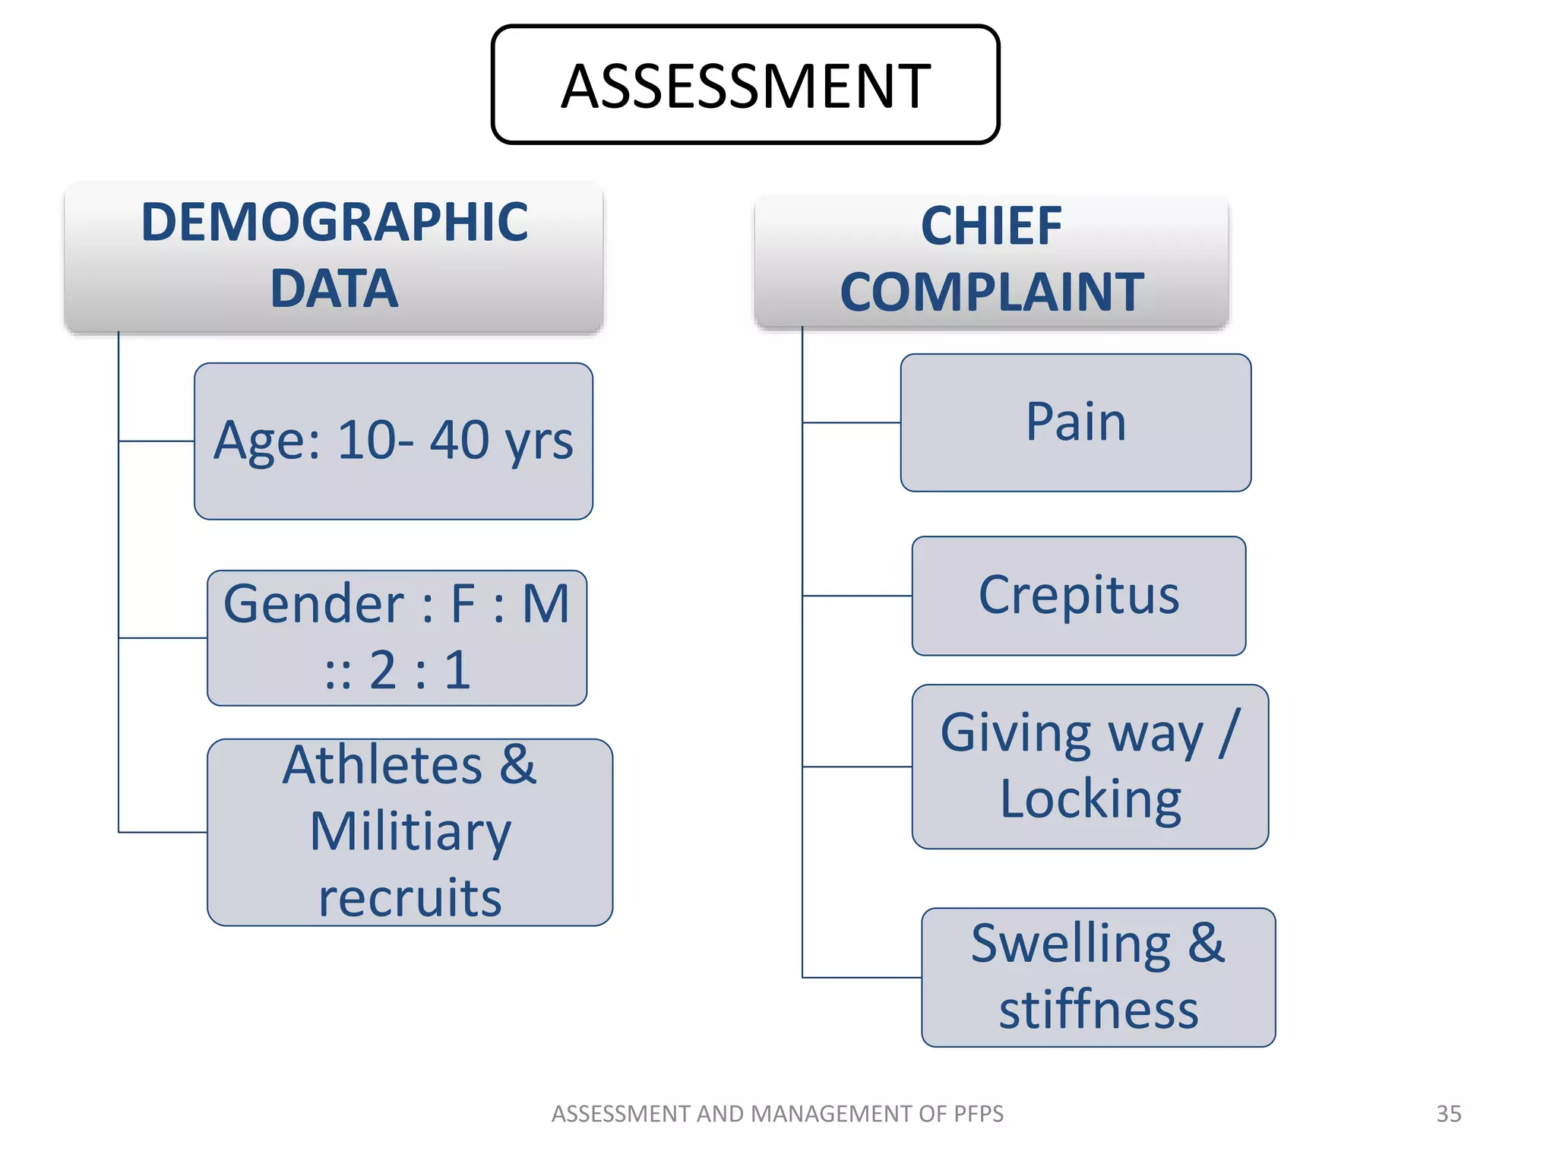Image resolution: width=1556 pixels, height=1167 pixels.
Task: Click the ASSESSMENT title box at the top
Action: point(745,85)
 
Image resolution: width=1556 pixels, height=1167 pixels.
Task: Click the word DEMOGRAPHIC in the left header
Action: point(334,223)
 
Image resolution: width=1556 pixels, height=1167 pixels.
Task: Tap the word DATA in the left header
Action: point(334,289)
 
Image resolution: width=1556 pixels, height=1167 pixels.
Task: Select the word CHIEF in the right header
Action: point(991,226)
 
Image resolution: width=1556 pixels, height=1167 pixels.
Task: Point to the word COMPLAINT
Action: point(991,293)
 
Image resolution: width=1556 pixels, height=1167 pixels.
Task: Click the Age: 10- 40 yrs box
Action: point(393,441)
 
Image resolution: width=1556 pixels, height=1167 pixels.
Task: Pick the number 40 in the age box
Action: point(460,440)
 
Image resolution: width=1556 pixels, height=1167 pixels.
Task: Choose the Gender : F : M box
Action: point(397,637)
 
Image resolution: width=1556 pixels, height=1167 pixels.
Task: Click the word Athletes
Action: point(382,765)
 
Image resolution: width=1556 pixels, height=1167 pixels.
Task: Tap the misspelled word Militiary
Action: point(410,832)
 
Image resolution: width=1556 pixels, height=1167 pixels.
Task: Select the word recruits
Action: point(410,898)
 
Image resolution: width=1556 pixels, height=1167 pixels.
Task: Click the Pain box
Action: point(1075,422)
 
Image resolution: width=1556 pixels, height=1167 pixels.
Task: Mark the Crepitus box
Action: point(1078,596)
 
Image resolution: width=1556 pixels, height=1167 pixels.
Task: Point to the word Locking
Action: point(1090,799)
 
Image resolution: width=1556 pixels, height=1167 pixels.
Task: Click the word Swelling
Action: point(1071,944)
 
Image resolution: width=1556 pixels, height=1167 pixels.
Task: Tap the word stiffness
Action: point(1098,1010)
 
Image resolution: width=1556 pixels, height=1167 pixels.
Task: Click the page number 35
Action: point(1448,1114)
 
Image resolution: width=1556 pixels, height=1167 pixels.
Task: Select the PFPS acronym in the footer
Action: point(979,1114)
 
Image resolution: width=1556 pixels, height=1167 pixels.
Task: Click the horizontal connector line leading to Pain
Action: point(851,422)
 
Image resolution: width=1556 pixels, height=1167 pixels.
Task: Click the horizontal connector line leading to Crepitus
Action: point(857,596)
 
